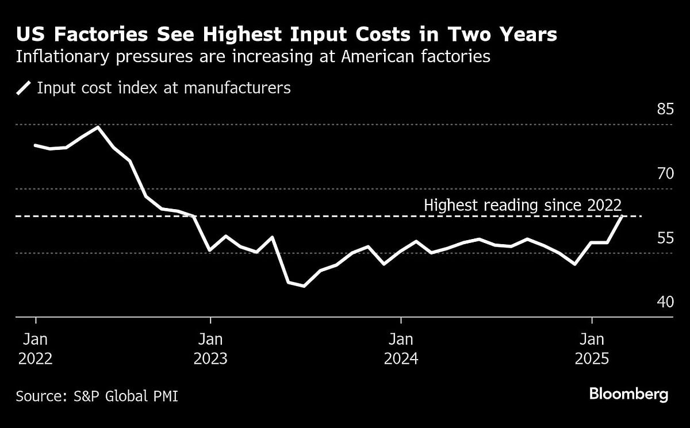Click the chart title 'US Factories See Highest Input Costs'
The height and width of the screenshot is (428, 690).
pyautogui.click(x=286, y=34)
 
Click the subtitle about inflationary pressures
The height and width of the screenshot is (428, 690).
pyautogui.click(x=253, y=57)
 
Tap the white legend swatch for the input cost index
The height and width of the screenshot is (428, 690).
pyautogui.click(x=24, y=88)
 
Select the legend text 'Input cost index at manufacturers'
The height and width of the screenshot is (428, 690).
pyautogui.click(x=164, y=88)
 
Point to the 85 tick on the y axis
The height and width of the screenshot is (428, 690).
pyautogui.click(x=665, y=109)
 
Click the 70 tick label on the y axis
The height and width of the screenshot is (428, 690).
pyautogui.click(x=665, y=173)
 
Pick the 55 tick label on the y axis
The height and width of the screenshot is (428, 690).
pyautogui.click(x=665, y=237)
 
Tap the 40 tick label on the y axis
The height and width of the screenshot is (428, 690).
pyautogui.click(x=665, y=302)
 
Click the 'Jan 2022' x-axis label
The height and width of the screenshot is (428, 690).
pyautogui.click(x=36, y=348)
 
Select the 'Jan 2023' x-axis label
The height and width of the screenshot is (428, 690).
pyautogui.click(x=210, y=348)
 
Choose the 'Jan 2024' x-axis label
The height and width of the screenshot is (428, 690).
pyautogui.click(x=401, y=348)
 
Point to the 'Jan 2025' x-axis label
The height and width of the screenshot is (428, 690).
pyautogui.click(x=592, y=348)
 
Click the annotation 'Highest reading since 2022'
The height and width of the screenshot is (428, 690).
pyautogui.click(x=523, y=205)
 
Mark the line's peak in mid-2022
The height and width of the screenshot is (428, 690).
pyautogui.click(x=98, y=127)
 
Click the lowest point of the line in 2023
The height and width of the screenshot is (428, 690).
pyautogui.click(x=304, y=286)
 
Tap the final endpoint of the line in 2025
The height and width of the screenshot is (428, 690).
pyautogui.click(x=623, y=216)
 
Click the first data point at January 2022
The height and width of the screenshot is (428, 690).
pyautogui.click(x=36, y=145)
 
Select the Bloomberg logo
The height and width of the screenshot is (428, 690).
pyautogui.click(x=628, y=394)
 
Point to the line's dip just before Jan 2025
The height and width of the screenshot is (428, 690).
pyautogui.click(x=574, y=264)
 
